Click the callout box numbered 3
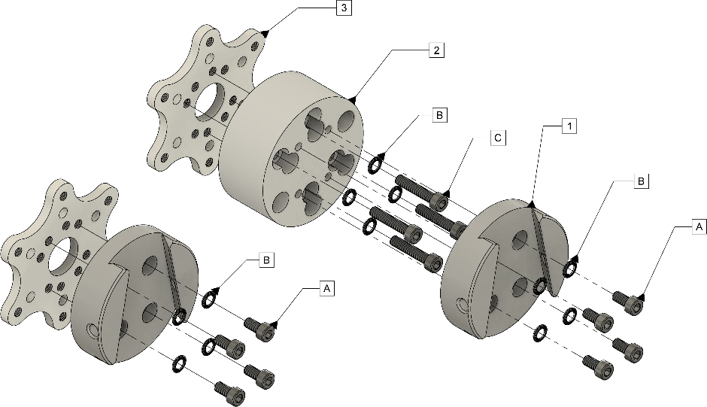tap(344, 9)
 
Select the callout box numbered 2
tap(436, 50)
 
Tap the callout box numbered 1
tap(569, 127)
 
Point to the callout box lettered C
tap(498, 138)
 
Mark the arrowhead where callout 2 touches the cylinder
tap(353, 99)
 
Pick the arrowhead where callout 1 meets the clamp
tap(531, 204)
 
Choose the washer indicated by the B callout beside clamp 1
tap(571, 267)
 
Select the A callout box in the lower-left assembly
tap(326, 288)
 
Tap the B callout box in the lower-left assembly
tap(266, 260)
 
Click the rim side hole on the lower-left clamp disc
tap(92, 331)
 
